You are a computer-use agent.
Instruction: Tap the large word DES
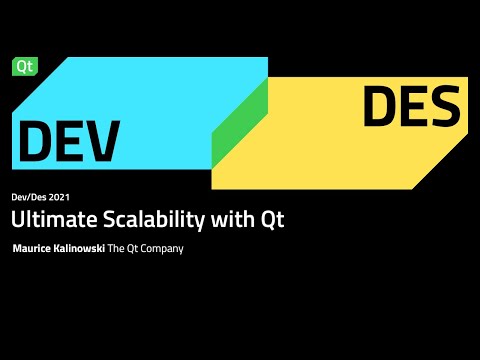tap(412, 107)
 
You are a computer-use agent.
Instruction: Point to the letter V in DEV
tap(103, 142)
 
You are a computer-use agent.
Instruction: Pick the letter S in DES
tap(443, 107)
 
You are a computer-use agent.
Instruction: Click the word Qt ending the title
tap(272, 221)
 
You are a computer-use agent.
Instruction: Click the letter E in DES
tap(412, 107)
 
